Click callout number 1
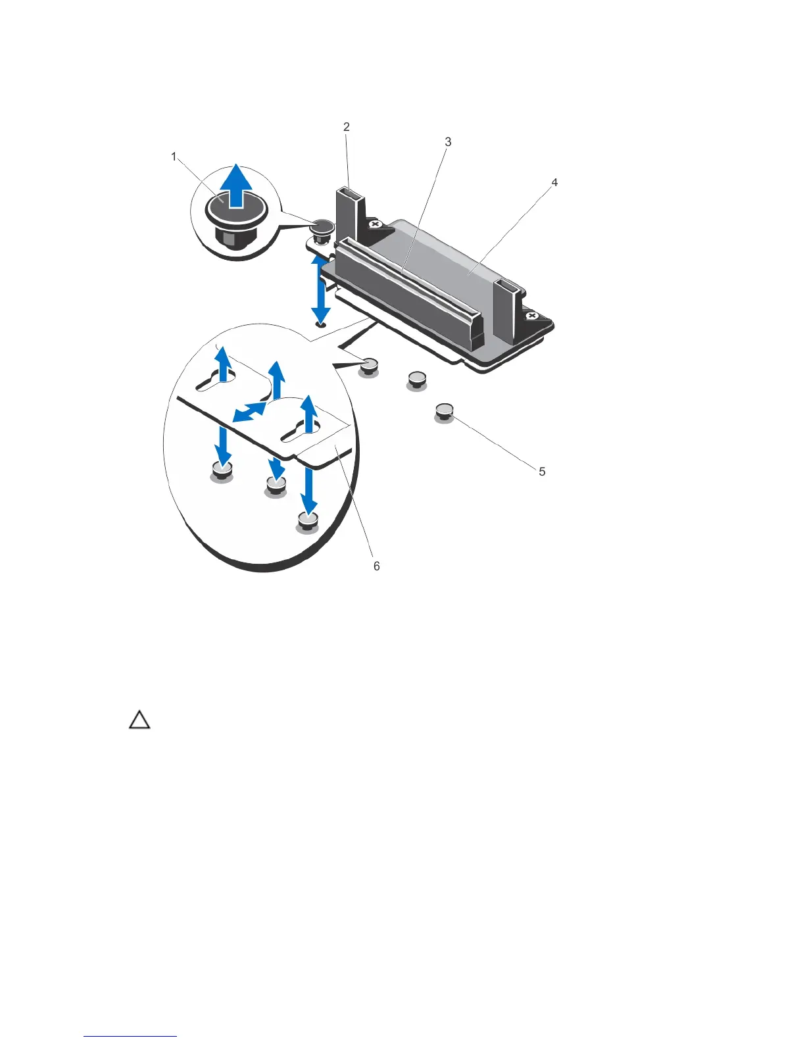tap(174, 157)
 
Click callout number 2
tap(346, 127)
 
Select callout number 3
tap(448, 141)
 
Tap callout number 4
tap(554, 182)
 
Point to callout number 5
tap(542, 471)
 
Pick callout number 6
tap(376, 566)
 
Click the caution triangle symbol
tap(139, 720)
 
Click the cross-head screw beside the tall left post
tap(376, 225)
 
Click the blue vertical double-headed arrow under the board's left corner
tap(320, 289)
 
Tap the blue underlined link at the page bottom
tap(130, 1036)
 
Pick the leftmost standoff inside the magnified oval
tap(222, 472)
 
